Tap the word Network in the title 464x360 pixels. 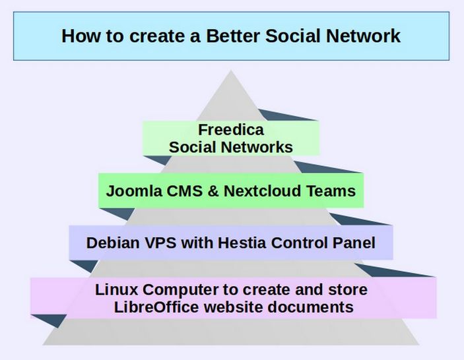tap(366, 35)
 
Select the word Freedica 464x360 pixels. tap(230, 129)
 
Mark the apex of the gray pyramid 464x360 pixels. tap(230, 71)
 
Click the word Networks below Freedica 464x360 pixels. tap(251, 146)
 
